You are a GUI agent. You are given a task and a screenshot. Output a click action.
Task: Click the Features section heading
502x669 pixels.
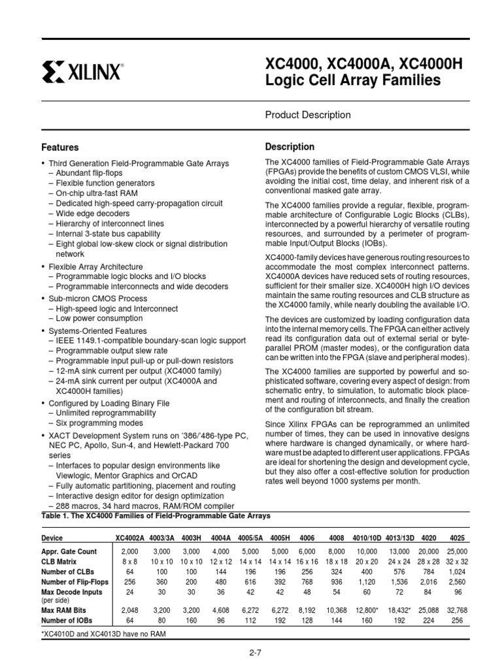pos(60,148)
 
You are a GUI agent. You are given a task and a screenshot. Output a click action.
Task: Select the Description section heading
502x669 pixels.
pos(290,146)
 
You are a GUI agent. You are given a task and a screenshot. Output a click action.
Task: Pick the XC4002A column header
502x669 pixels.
pos(130,539)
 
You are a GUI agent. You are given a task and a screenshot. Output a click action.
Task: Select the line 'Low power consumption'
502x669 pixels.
pos(99,318)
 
